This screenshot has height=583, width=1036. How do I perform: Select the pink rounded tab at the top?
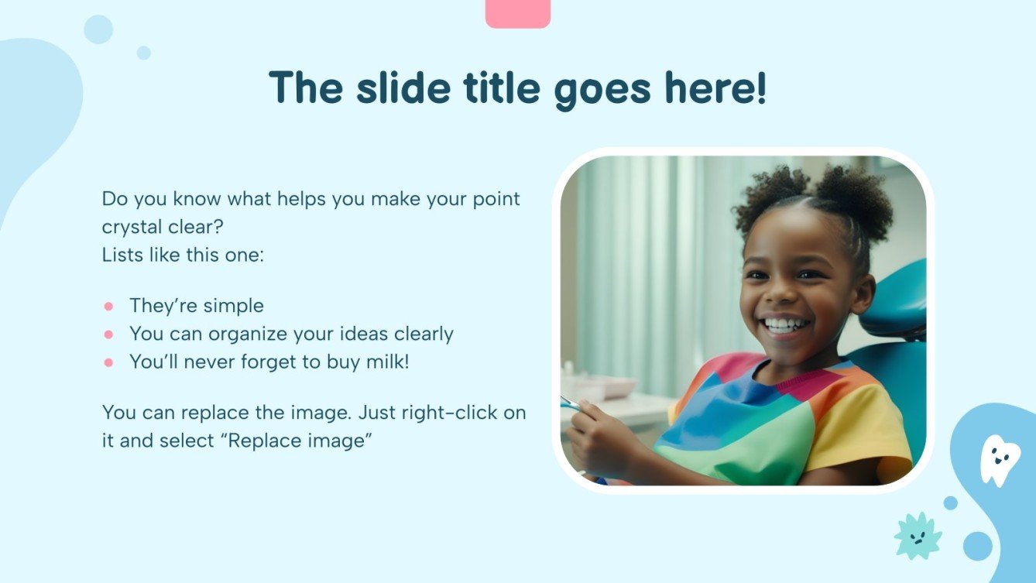click(517, 13)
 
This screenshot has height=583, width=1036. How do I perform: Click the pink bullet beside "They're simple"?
click(108, 306)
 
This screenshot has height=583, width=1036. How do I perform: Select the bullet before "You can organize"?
click(108, 334)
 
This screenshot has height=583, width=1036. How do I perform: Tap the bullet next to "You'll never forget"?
click(108, 362)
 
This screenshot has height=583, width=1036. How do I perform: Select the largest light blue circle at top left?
click(98, 29)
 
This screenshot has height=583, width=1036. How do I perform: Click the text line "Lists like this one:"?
click(183, 255)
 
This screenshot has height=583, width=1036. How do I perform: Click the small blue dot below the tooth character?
click(950, 502)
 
